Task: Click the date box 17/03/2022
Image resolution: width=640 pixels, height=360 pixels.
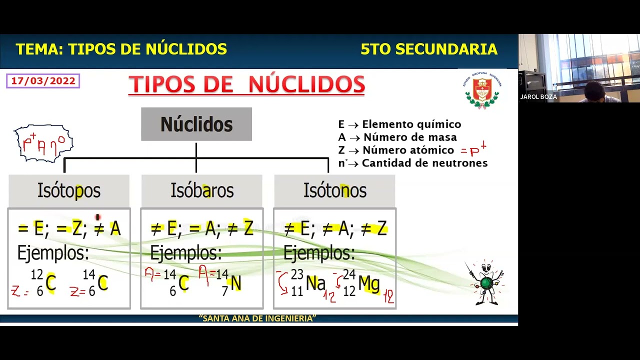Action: point(43,81)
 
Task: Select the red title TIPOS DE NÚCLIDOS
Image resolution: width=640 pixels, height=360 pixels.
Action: point(246,84)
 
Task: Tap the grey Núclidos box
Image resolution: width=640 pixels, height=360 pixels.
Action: point(196,124)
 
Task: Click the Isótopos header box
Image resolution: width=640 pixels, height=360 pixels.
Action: point(69,190)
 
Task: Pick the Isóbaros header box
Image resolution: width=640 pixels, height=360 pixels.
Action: point(202,190)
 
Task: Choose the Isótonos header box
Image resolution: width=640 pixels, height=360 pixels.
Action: point(334,190)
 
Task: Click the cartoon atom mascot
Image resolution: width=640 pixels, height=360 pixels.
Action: point(485,283)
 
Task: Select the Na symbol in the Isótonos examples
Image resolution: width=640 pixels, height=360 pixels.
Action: point(315,283)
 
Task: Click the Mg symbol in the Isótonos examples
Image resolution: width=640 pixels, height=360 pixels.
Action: point(369,283)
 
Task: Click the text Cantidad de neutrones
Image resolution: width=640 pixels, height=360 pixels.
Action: point(424,163)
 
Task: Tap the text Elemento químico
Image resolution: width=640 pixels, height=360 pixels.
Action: point(411,124)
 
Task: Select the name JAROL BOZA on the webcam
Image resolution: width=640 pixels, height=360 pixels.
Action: point(538,97)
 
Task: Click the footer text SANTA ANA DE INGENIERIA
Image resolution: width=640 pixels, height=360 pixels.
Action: point(257,318)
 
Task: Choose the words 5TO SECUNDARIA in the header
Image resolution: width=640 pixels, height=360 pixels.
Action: point(428,49)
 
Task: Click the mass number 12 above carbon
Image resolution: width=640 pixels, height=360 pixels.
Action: point(37,274)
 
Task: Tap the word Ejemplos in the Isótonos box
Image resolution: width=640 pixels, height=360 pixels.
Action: point(319,253)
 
